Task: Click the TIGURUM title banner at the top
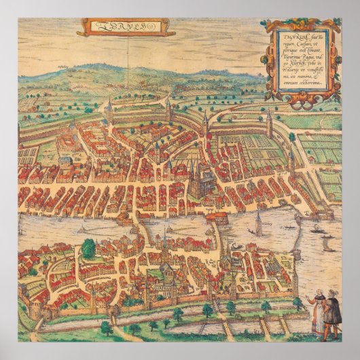pyautogui.click(x=126, y=28)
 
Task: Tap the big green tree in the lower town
pyautogui.click(x=89, y=249)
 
